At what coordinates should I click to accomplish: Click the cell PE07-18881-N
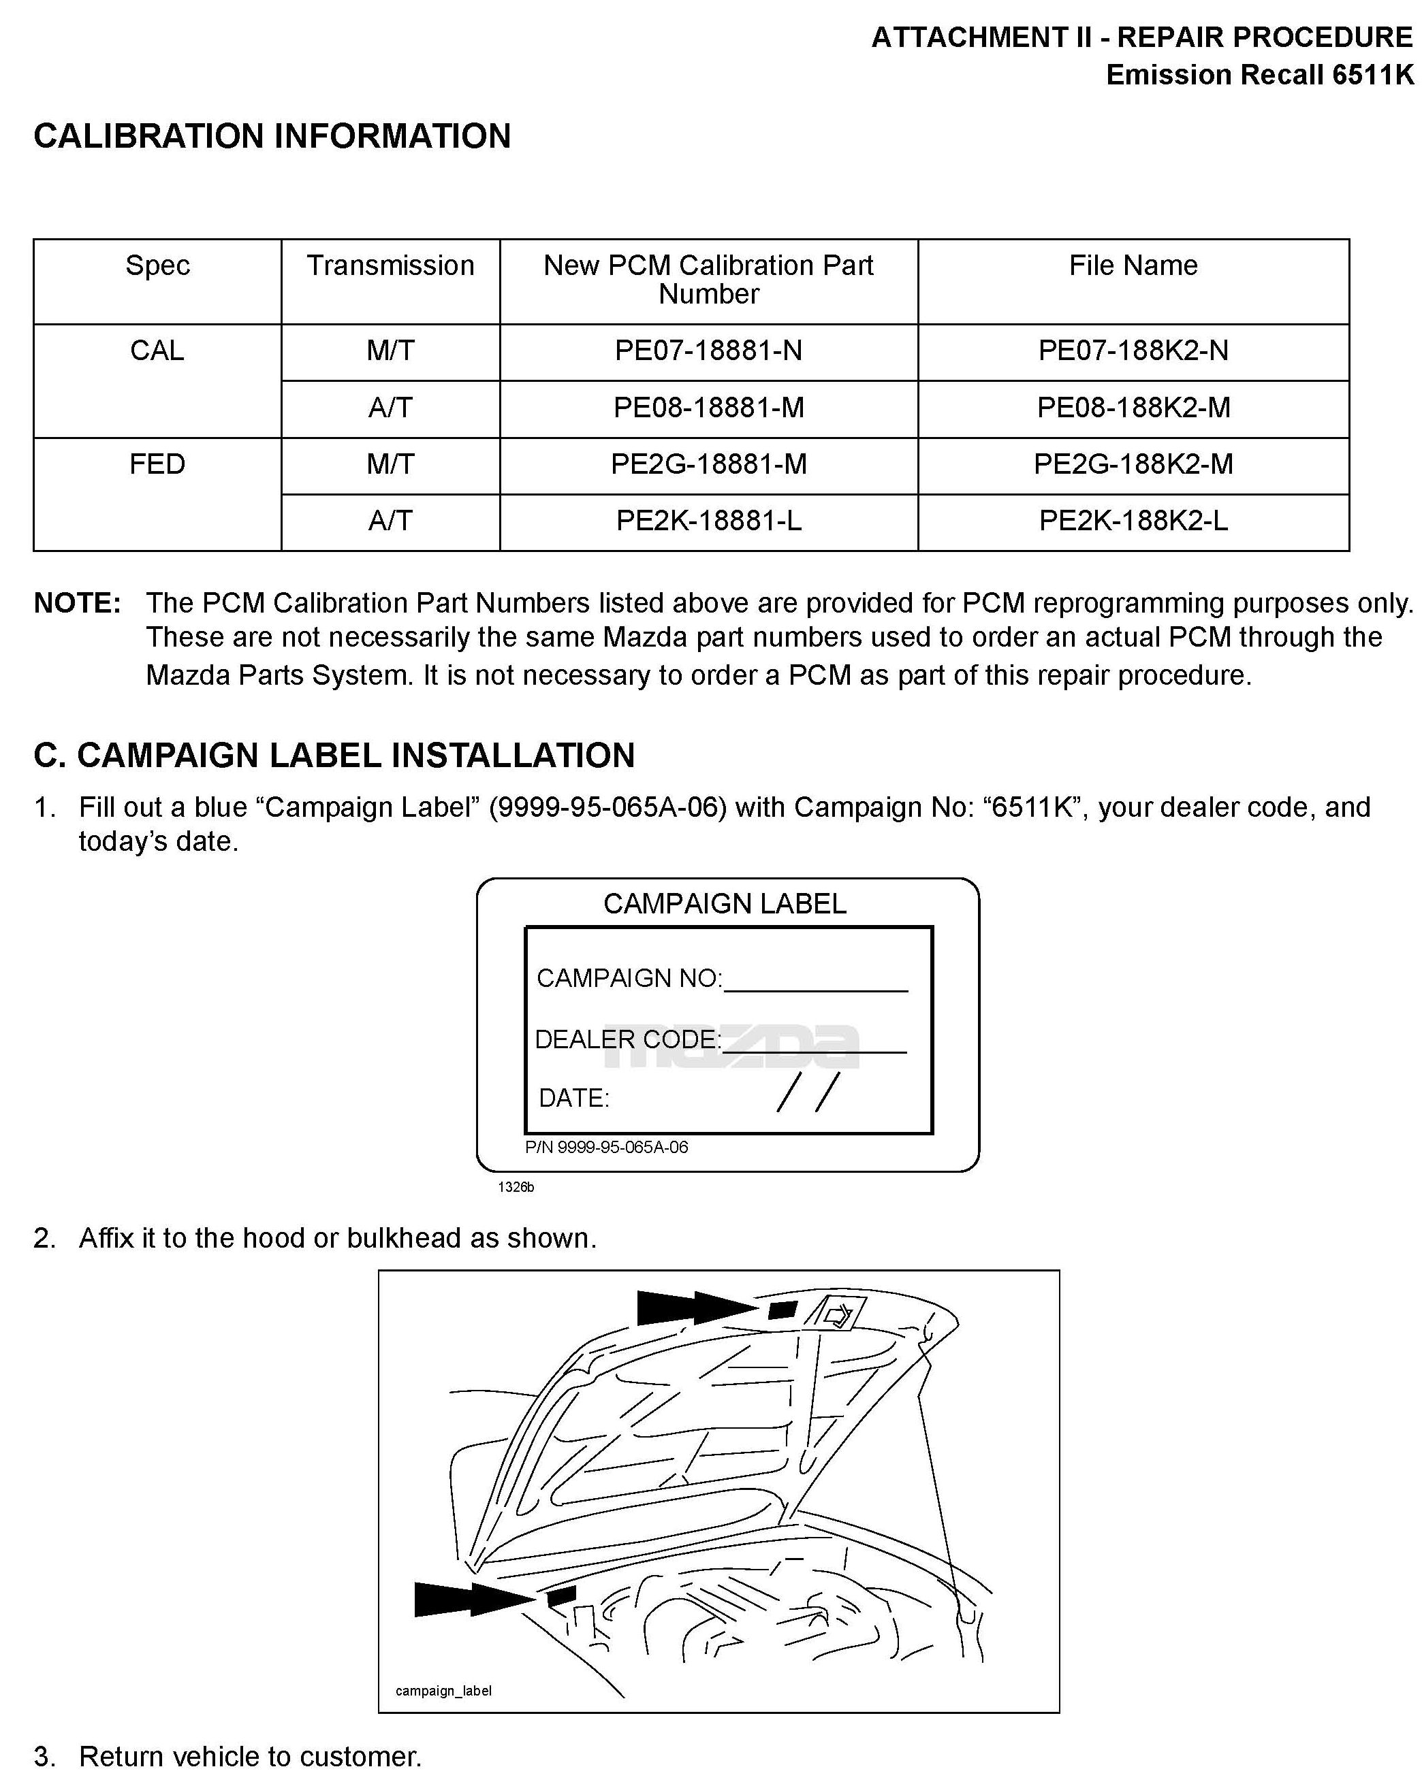tap(708, 351)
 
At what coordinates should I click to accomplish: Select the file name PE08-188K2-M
tap(1133, 408)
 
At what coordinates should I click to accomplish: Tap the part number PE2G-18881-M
tap(708, 464)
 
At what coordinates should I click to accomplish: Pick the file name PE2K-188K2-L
tap(1133, 521)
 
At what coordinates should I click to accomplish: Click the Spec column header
tap(157, 265)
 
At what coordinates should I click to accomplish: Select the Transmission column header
tap(390, 265)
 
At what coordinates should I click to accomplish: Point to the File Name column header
tap(1133, 265)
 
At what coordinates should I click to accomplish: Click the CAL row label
tap(157, 351)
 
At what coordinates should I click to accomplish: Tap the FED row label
tap(157, 464)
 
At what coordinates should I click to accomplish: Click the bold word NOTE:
tap(77, 603)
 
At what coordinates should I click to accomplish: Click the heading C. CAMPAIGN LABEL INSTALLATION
tap(334, 756)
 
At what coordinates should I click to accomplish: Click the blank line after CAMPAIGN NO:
tap(815, 983)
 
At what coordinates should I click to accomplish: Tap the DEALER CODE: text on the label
tap(627, 1039)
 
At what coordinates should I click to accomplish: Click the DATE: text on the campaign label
tap(573, 1098)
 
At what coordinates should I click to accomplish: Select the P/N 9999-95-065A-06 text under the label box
tap(606, 1147)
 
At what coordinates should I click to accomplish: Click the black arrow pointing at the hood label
tap(695, 1308)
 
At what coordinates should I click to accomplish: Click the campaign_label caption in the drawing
tap(443, 1691)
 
